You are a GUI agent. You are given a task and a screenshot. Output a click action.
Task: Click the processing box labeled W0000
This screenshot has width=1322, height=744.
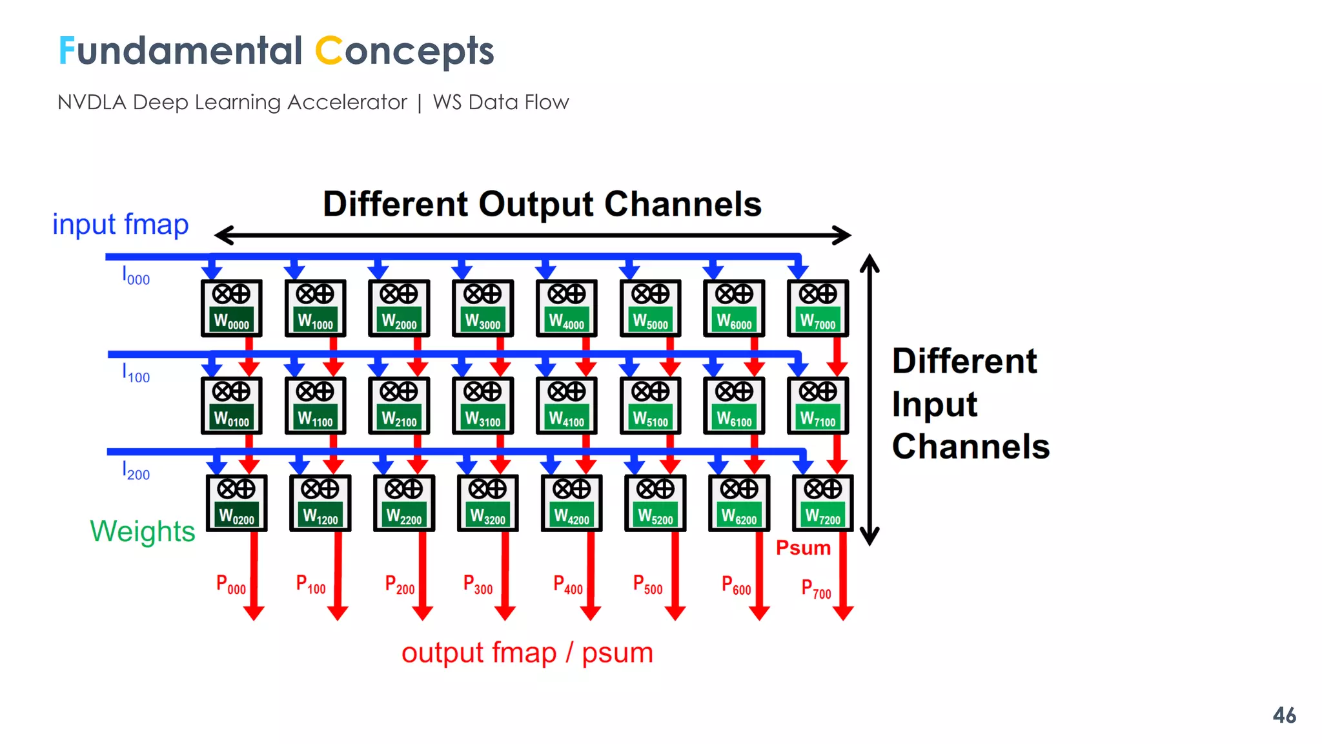click(231, 308)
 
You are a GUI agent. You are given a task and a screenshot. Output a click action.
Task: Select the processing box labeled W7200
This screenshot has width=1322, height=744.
click(822, 503)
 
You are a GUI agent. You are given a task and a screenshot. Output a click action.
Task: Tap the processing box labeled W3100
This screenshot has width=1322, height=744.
click(483, 406)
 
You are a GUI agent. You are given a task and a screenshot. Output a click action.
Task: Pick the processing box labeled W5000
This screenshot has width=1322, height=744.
click(650, 308)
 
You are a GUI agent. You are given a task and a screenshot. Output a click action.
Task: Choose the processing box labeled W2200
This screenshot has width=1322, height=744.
click(403, 503)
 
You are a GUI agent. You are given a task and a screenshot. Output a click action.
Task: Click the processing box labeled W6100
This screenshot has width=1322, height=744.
click(734, 406)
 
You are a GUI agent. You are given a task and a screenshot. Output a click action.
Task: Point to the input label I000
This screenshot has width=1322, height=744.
click(136, 276)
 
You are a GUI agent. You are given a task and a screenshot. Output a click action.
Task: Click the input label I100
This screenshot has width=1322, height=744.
click(136, 374)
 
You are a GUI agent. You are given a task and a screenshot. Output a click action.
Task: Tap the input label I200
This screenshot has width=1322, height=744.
click(136, 471)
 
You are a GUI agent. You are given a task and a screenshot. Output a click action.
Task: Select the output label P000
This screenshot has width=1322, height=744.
click(230, 585)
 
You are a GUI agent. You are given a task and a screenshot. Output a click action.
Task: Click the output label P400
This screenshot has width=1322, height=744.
click(567, 585)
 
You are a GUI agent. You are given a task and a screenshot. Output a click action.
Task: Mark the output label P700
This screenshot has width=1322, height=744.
click(816, 589)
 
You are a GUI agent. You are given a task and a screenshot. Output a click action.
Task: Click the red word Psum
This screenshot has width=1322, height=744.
click(803, 548)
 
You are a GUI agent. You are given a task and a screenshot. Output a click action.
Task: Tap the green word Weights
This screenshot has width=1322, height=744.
click(142, 532)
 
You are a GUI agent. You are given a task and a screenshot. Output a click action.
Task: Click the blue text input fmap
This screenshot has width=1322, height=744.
click(120, 225)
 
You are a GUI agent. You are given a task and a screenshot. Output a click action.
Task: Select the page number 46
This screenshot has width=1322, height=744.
click(1284, 716)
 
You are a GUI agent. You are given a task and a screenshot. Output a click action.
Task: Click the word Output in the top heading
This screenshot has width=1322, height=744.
click(535, 205)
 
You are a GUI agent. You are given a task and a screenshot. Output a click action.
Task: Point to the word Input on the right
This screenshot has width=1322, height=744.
click(934, 405)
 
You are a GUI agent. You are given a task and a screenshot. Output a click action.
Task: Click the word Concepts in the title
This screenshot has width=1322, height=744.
click(404, 52)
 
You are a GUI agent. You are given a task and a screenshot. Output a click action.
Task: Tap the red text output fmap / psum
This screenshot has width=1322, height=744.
click(527, 653)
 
